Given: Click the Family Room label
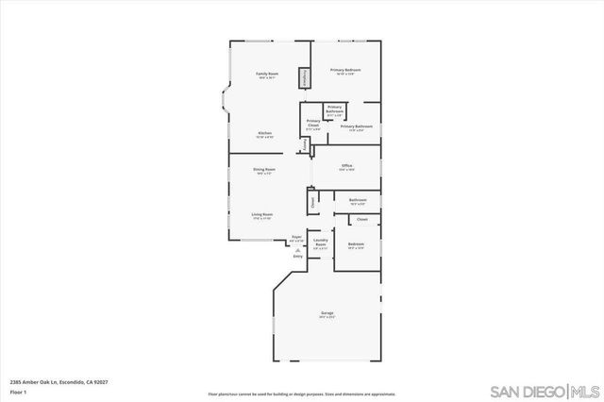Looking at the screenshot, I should coord(266,75).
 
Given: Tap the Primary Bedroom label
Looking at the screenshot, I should coord(345,71).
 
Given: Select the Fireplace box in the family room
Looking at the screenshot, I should coord(304,77).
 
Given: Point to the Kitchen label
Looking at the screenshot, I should coord(265,134).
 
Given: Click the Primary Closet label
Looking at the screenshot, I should coord(313,124).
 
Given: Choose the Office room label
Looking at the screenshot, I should coord(346,167).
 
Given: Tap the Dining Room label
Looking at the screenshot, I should coord(263,171).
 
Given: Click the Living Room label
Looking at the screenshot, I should coord(261,216).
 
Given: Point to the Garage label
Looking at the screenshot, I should coord(327,314).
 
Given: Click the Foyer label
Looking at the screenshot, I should coord(296,238).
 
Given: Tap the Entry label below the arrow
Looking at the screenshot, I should coord(298,256).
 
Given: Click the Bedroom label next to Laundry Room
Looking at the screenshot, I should coord(356,246).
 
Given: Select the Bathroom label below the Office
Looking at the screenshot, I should coord(358,201).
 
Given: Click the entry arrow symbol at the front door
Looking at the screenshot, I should coord(298,249).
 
